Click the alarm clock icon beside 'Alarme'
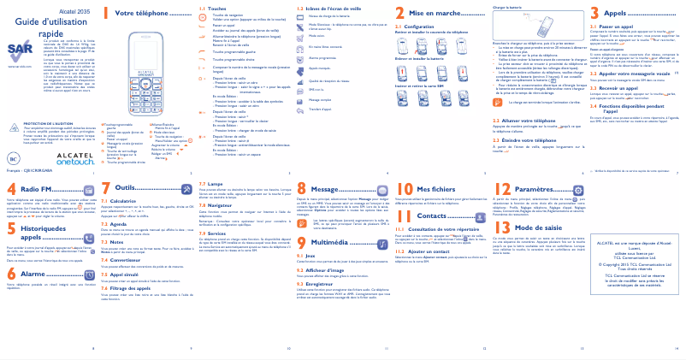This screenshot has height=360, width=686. coord(59,274)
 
